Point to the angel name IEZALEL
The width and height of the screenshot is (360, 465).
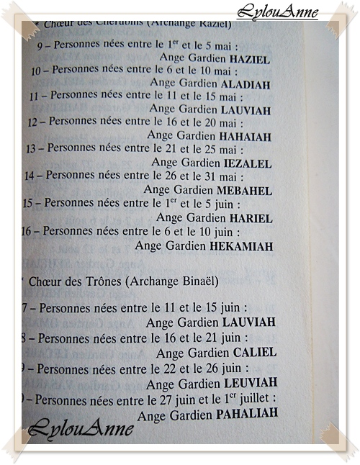pos(248,163)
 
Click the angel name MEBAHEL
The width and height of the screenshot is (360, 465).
pos(248,191)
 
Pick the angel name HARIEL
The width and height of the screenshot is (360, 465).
pos(251,218)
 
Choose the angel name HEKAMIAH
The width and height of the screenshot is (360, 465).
pos(242,246)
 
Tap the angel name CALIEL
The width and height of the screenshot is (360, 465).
pos(255,353)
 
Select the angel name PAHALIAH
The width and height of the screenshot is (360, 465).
pos(247,415)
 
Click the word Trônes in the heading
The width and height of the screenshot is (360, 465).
pos(99,281)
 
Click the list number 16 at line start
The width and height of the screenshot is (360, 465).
pos(28,232)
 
